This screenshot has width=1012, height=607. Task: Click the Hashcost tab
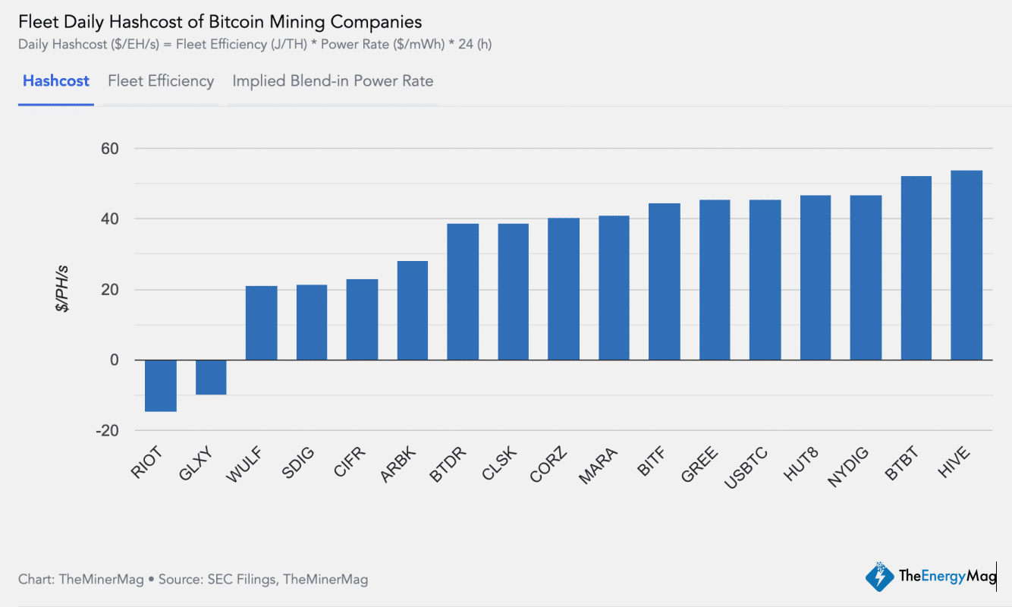(x=55, y=81)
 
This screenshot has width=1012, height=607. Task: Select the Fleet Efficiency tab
(x=161, y=81)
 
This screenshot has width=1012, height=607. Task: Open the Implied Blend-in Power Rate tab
(x=332, y=81)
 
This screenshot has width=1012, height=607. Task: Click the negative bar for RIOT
(x=161, y=385)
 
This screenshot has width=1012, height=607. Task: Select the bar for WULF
(x=261, y=323)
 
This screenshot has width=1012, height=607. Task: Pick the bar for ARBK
(x=412, y=310)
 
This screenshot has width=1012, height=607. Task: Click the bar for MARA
(x=614, y=288)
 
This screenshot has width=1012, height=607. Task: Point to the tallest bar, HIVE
(x=966, y=266)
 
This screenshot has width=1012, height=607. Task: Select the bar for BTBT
(x=916, y=268)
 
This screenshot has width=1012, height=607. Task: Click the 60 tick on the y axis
(x=110, y=149)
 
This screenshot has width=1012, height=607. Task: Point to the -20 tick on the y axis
(x=107, y=431)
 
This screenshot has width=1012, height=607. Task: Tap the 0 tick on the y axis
(x=115, y=360)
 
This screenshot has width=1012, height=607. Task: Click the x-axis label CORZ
(x=546, y=466)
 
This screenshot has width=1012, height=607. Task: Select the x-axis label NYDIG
(x=846, y=469)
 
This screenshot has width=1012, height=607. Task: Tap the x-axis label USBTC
(x=746, y=469)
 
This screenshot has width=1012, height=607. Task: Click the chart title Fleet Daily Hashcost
(x=220, y=21)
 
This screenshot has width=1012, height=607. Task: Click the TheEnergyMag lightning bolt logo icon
(x=880, y=577)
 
